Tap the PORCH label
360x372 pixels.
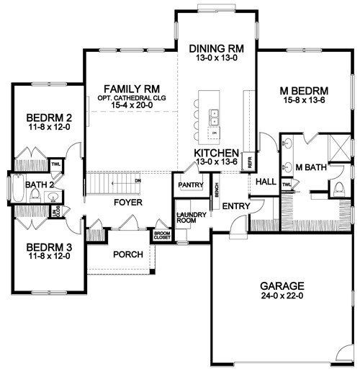pos(127,254)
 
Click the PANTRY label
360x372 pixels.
pos(189,185)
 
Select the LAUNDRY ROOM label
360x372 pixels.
pos(192,218)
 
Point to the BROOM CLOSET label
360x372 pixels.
pos(162,234)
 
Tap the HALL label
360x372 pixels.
pos(267,182)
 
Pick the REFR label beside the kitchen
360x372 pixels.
pos(249,163)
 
